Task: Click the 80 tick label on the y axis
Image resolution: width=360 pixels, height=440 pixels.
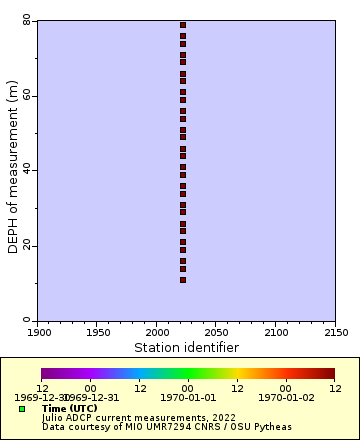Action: tap(27, 20)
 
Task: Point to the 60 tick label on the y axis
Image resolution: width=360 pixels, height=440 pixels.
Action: tap(27, 95)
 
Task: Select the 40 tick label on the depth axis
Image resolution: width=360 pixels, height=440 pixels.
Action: tap(27, 170)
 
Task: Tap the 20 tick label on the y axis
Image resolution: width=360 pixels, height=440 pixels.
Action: tap(27, 245)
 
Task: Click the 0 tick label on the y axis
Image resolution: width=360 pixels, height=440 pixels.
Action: tap(30, 320)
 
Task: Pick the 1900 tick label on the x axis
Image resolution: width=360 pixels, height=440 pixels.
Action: tap(38, 331)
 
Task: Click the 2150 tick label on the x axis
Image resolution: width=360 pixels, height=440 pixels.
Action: tap(335, 331)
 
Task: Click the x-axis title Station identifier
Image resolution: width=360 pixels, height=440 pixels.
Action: tap(186, 347)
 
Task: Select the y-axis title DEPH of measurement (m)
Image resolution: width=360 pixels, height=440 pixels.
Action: tap(13, 170)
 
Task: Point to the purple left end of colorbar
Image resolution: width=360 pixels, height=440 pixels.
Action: tap(45, 374)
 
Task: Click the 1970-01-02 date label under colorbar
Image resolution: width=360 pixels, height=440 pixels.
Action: tap(285, 397)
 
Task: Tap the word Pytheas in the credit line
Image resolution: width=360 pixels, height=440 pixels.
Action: tap(271, 427)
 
